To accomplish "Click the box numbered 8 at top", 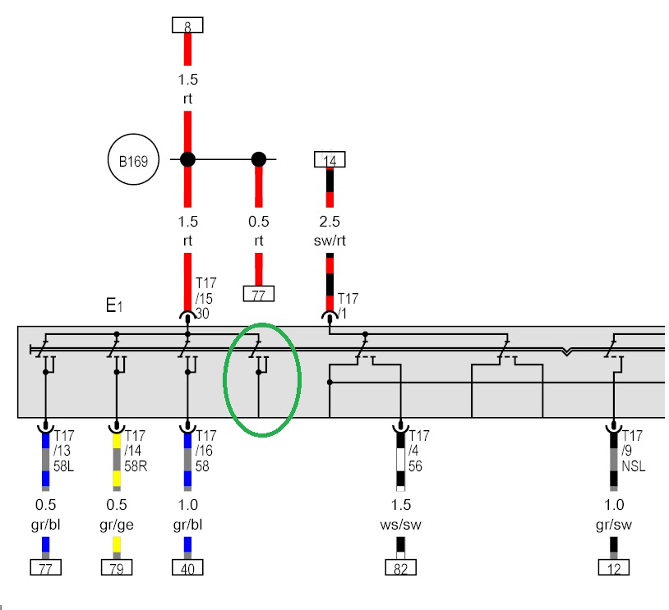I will [187, 25].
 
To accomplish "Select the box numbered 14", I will [330, 159].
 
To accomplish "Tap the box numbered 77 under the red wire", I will [259, 295].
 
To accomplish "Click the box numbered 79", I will [117, 566].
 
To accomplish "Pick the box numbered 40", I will [187, 566].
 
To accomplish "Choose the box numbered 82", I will [400, 566].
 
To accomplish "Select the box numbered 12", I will [613, 566].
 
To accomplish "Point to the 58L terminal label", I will [65, 466].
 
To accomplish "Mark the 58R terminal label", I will [136, 466].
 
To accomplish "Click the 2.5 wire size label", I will [330, 222].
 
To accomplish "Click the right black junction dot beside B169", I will [259, 159].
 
